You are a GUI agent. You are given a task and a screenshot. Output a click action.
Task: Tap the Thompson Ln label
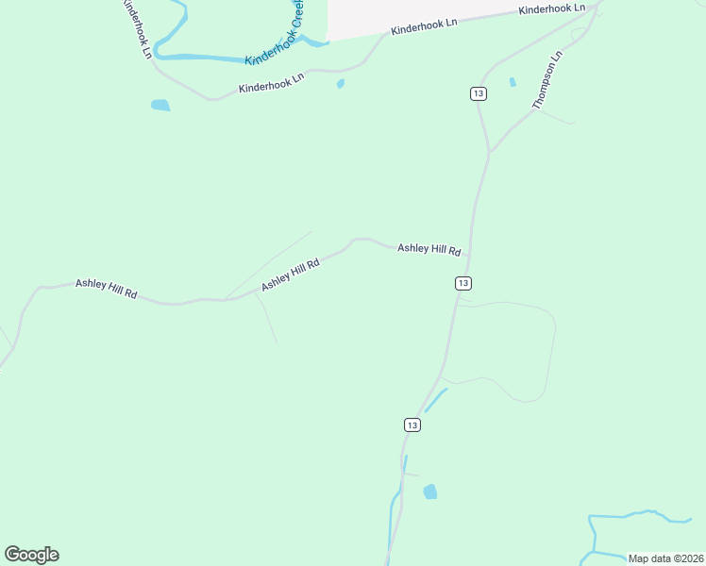[x=547, y=80]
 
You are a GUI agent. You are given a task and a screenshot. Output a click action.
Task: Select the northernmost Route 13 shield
[x=479, y=93]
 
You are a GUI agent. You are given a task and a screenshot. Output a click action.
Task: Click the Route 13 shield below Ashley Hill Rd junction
[x=462, y=283]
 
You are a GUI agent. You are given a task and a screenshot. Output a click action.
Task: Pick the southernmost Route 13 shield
[x=412, y=425]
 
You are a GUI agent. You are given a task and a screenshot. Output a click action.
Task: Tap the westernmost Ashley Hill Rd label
[x=107, y=289]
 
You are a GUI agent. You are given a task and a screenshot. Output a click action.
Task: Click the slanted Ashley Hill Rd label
[x=291, y=274]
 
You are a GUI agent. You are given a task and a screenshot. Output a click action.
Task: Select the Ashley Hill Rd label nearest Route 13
[x=429, y=249]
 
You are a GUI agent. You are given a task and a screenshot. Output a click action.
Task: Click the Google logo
[x=31, y=555]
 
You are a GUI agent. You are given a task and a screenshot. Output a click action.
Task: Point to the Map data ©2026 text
[x=665, y=558]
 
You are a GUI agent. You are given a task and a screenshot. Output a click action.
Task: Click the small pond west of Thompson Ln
[x=513, y=82]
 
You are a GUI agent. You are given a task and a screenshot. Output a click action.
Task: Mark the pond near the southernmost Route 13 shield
[x=430, y=491]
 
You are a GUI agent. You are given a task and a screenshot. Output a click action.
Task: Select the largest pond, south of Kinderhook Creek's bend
[x=160, y=105]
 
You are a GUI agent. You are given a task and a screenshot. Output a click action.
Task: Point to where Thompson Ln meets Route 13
[x=489, y=152]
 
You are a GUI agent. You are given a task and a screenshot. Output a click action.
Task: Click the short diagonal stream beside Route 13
[x=435, y=400]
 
